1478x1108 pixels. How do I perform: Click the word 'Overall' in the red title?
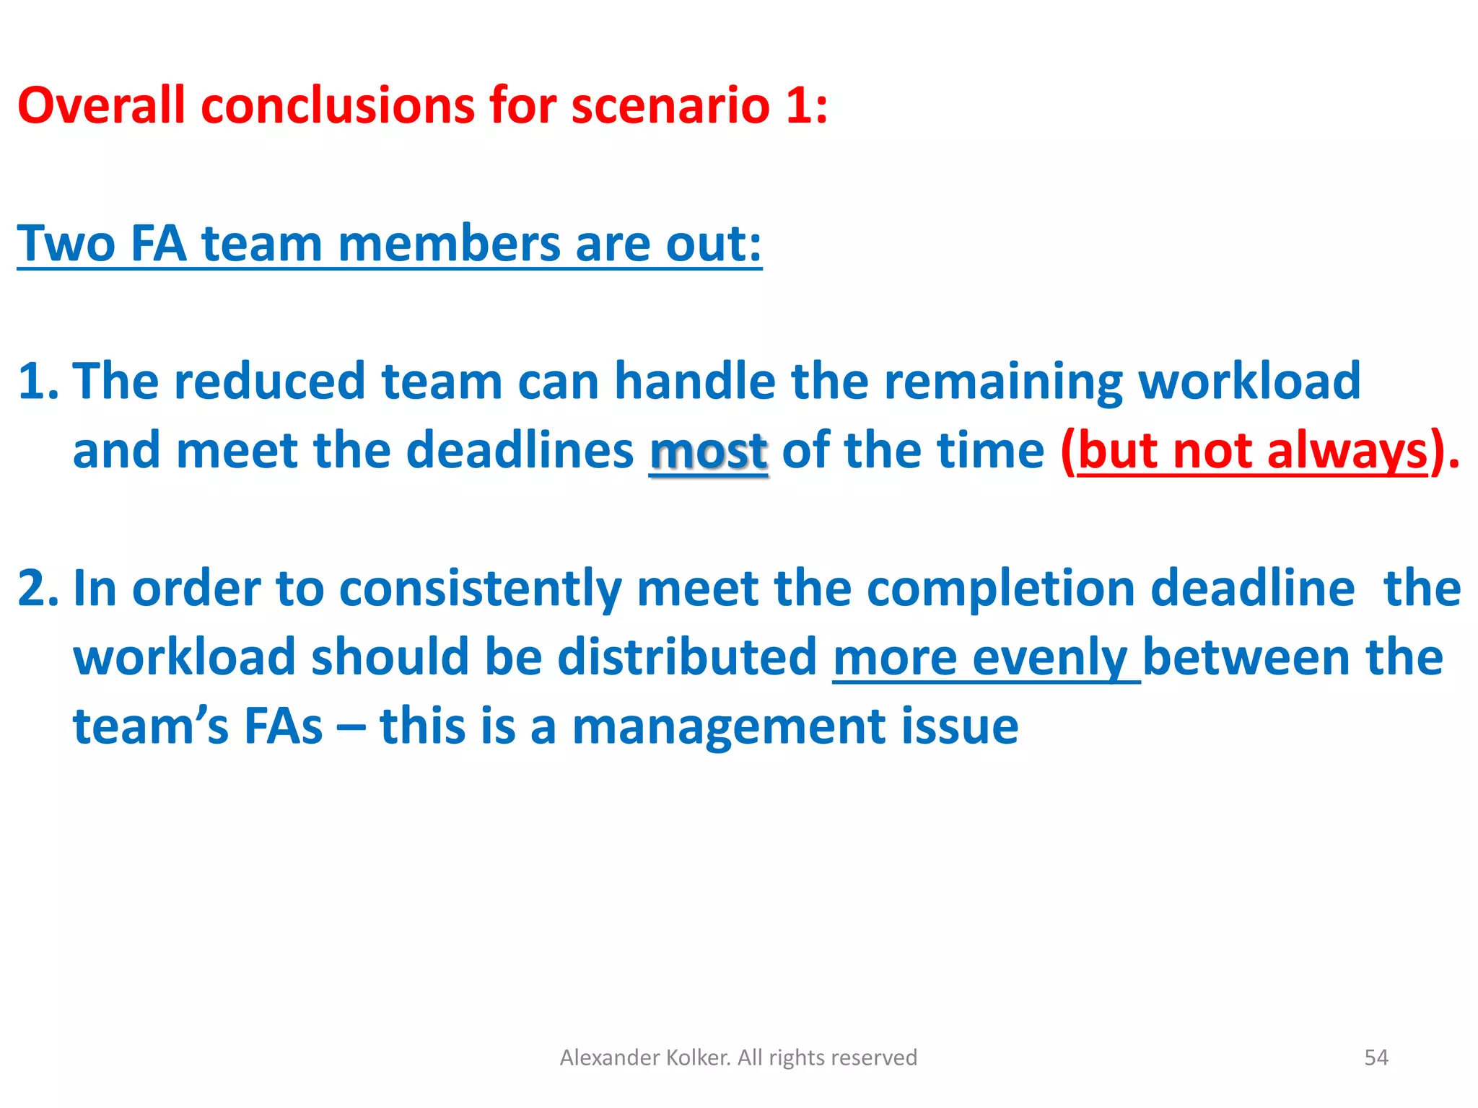click(x=101, y=105)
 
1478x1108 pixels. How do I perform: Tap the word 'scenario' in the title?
click(x=670, y=105)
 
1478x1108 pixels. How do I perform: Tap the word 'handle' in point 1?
click(x=694, y=381)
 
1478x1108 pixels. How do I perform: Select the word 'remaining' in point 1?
click(x=1003, y=381)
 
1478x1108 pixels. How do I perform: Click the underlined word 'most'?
click(x=708, y=451)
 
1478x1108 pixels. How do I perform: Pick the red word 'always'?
click(x=1347, y=451)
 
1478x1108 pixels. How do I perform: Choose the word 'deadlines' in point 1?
click(x=520, y=451)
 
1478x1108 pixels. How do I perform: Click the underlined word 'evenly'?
click(x=1050, y=657)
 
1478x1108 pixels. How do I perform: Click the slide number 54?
click(x=1376, y=1058)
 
